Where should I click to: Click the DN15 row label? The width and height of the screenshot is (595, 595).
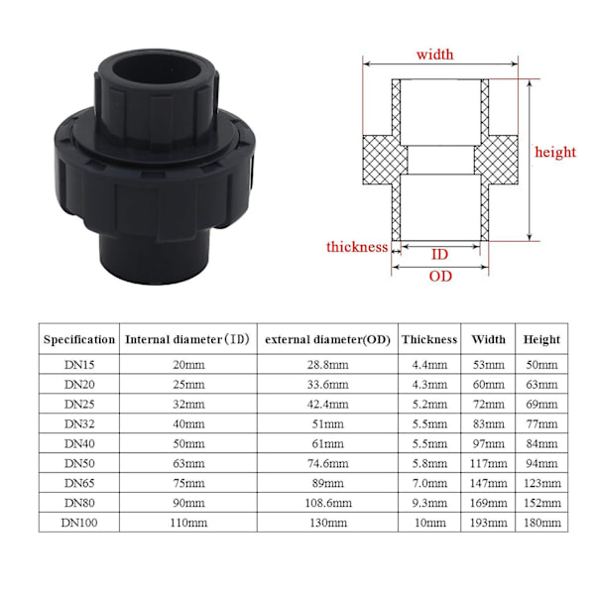(x=79, y=365)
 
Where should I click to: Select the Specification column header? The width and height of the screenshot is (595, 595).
(x=79, y=339)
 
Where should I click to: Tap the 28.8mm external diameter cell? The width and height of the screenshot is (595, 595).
(x=327, y=365)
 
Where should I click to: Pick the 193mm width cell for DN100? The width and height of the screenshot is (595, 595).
(x=488, y=523)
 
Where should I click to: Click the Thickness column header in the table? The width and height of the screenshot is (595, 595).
(x=429, y=339)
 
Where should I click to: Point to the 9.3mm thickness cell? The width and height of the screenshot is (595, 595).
(x=429, y=503)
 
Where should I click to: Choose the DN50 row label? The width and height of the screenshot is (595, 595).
(x=79, y=463)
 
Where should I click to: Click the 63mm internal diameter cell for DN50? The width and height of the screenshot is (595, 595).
(x=187, y=463)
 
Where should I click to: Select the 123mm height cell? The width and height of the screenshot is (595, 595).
(x=542, y=483)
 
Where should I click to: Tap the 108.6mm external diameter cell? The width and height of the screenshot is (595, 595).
(x=327, y=503)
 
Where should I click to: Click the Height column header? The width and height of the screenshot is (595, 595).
(x=542, y=339)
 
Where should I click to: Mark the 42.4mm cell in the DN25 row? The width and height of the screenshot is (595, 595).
(x=327, y=405)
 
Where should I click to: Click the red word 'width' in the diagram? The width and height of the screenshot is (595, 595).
(x=434, y=55)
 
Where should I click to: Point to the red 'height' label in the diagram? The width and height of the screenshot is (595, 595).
(x=555, y=152)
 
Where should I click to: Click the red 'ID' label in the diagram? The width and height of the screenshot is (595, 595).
(x=440, y=255)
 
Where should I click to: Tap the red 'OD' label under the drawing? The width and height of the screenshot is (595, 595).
(x=440, y=276)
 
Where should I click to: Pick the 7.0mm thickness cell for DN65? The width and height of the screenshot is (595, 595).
(x=429, y=483)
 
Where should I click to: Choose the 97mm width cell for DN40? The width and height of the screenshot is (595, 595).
(x=488, y=443)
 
